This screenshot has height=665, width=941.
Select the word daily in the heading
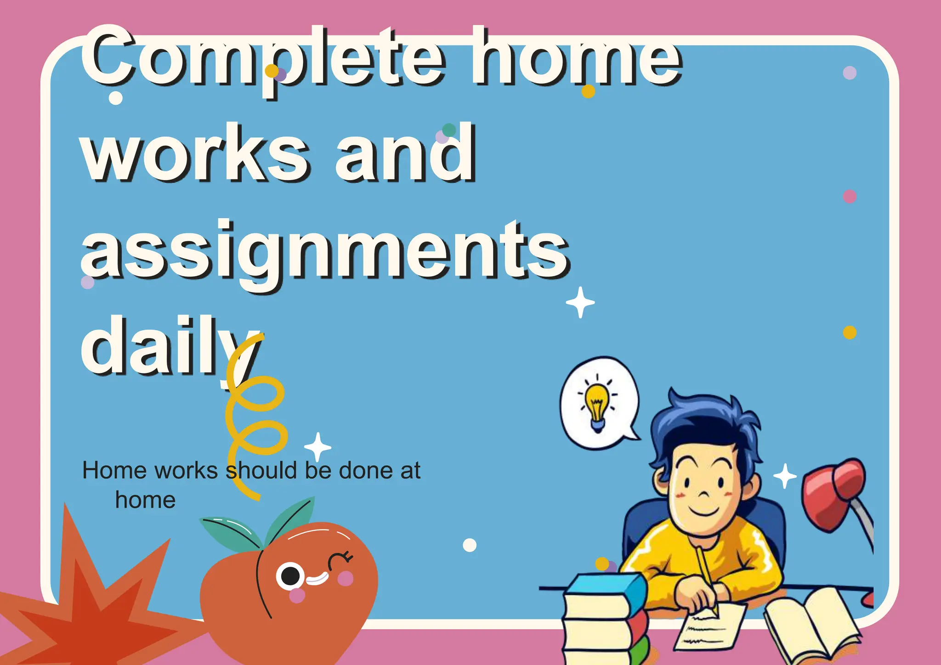(170, 347)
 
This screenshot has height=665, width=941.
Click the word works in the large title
(195, 154)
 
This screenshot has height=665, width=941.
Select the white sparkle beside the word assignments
(580, 302)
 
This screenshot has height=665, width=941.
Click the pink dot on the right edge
(850, 197)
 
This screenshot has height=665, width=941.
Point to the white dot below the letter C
(116, 98)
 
